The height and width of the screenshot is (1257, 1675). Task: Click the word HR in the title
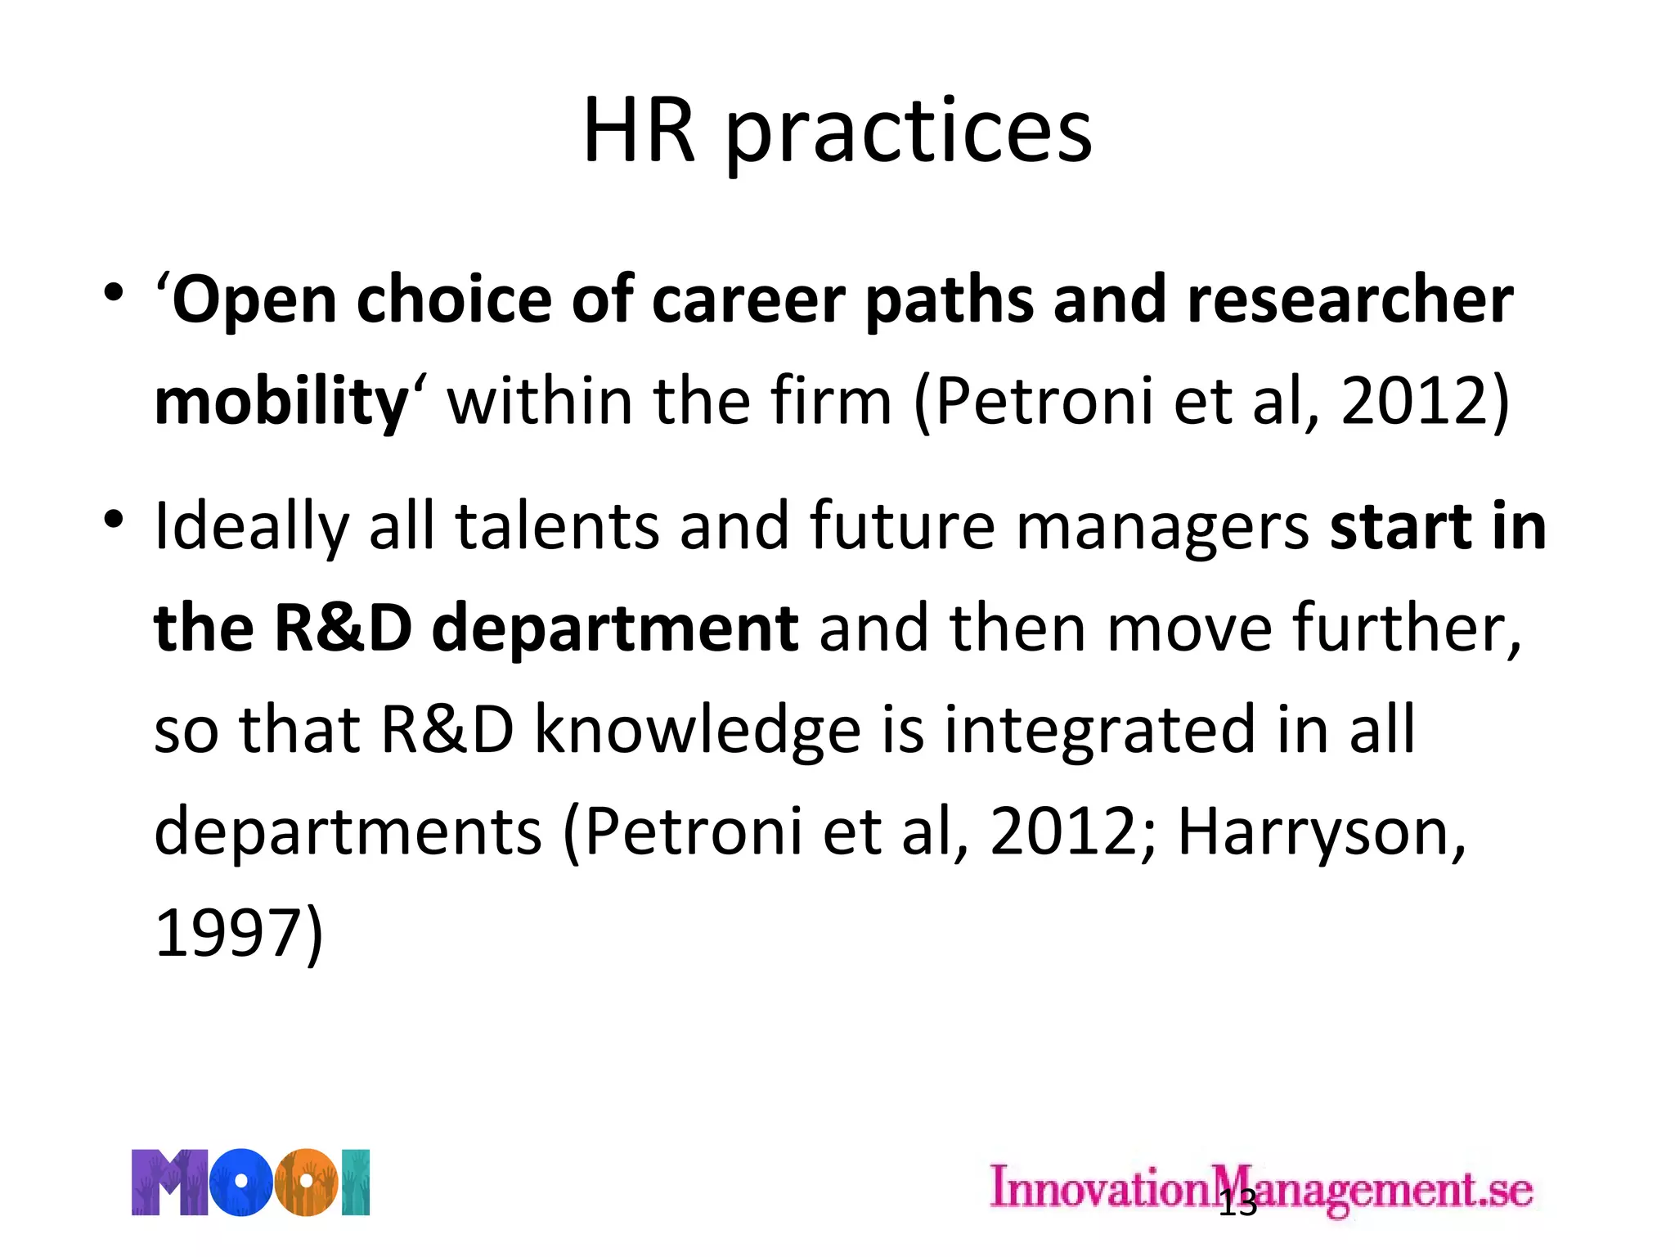pos(639,131)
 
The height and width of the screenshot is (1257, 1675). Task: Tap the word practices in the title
pos(909,135)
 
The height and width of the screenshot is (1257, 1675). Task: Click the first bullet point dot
pos(114,292)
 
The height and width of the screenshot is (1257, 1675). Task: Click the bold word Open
pos(254,301)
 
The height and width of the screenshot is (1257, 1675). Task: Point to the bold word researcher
pos(1350,300)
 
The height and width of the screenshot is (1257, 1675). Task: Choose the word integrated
pos(1099,730)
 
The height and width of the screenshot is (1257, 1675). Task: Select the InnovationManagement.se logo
pos(1260,1187)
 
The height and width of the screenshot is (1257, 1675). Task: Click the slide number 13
pos(1237,1204)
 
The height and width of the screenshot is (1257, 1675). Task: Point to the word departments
pos(348,831)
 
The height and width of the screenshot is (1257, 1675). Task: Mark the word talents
pos(557,525)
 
